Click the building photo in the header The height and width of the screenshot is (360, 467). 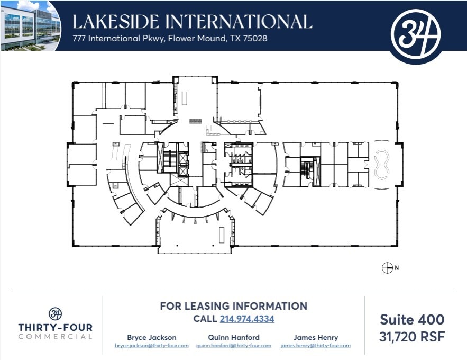30,25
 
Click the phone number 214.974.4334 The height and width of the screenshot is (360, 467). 247,319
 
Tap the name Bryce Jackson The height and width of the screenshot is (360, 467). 152,337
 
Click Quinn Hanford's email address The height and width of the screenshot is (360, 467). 234,346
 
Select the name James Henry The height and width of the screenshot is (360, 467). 316,337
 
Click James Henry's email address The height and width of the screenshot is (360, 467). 316,346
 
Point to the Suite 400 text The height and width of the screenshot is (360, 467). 412,319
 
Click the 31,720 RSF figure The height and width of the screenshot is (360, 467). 412,336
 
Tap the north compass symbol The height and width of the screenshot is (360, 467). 387,268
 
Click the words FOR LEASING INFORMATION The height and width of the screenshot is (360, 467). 233,306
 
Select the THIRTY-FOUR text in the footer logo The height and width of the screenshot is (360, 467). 56,327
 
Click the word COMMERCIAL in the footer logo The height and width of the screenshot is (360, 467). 56,337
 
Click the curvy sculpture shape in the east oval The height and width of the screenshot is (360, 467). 381,165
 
